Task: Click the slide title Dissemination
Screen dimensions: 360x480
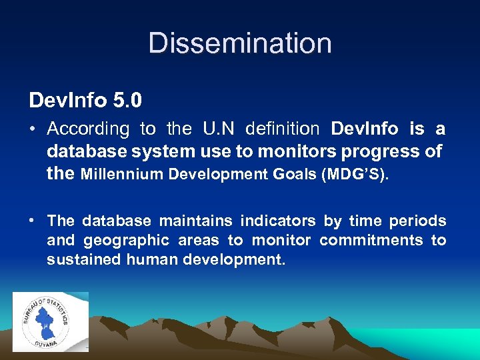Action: point(240,43)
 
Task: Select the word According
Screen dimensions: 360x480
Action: point(88,129)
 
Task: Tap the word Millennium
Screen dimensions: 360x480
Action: point(121,175)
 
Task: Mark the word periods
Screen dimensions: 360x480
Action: point(417,221)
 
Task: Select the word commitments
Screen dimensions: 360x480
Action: point(371,240)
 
